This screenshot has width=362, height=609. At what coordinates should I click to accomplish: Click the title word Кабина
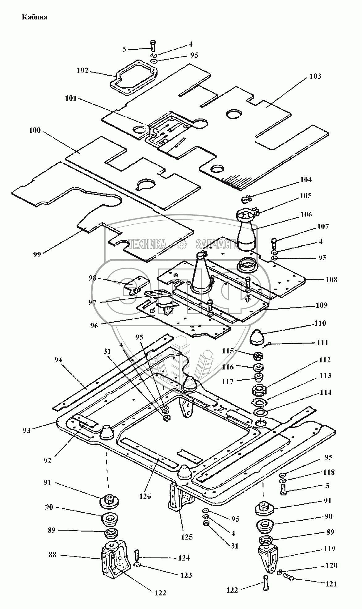click(x=34, y=17)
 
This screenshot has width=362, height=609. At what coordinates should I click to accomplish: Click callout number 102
click(x=82, y=70)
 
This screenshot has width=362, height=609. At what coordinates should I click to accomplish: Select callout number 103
click(x=315, y=76)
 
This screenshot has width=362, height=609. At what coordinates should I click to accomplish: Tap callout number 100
click(x=35, y=130)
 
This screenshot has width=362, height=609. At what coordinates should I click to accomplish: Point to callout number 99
click(x=37, y=254)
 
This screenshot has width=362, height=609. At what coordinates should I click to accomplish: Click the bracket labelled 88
click(x=113, y=557)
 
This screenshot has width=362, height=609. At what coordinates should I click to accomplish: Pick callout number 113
click(x=325, y=376)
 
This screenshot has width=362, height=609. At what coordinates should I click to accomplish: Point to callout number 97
click(x=92, y=302)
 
